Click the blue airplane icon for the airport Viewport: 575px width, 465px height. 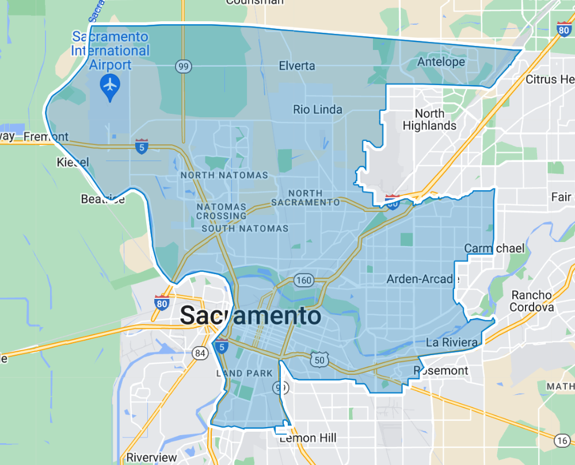point(109,86)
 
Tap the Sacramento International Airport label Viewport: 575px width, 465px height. point(110,51)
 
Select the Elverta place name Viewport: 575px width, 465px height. point(297,66)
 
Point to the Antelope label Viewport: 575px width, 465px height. point(441,62)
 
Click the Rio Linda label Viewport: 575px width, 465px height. point(317,109)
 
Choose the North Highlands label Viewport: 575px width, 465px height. point(429,120)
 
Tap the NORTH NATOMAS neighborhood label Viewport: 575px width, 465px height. point(224,175)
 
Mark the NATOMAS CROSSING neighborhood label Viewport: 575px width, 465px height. point(221,211)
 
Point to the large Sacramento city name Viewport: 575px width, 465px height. point(250,316)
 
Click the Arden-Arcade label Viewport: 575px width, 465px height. point(423,279)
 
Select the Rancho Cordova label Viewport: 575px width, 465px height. point(531,301)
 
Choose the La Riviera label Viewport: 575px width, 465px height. point(452,343)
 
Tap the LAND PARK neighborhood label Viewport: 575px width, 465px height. point(245,374)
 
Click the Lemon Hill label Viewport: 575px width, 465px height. point(308,439)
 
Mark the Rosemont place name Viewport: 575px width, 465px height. point(441,371)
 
